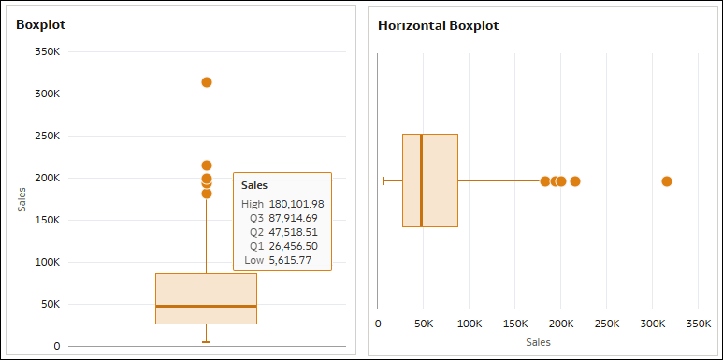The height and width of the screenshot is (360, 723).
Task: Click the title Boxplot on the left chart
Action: pyautogui.click(x=40, y=23)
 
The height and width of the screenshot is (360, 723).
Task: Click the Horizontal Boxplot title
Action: pyautogui.click(x=438, y=25)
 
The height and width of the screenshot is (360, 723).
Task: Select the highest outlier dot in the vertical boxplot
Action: pyautogui.click(x=207, y=82)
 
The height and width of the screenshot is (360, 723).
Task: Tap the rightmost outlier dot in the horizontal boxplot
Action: pyautogui.click(x=667, y=181)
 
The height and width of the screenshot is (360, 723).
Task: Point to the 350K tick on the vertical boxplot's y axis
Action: pyautogui.click(x=47, y=51)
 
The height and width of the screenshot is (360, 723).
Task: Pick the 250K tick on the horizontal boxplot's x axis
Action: pyautogui.click(x=607, y=324)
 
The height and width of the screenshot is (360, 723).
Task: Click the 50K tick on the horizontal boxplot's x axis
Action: pyautogui.click(x=424, y=324)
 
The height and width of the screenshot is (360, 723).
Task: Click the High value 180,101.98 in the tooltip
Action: pyautogui.click(x=296, y=204)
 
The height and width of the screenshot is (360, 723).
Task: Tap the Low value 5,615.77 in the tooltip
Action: pyautogui.click(x=290, y=260)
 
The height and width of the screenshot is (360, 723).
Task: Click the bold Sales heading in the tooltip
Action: pyautogui.click(x=254, y=185)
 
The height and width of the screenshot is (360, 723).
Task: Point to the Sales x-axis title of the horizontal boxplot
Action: pyautogui.click(x=538, y=342)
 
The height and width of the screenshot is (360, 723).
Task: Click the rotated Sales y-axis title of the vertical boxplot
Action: pyautogui.click(x=22, y=198)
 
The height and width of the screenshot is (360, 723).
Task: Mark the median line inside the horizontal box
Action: pyautogui.click(x=421, y=180)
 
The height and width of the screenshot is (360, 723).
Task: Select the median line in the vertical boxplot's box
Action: pyautogui.click(x=206, y=306)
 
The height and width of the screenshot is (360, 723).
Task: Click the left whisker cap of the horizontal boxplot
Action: pyautogui.click(x=383, y=180)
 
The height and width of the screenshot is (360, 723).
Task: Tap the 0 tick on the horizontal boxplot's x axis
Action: pyautogui.click(x=378, y=324)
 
